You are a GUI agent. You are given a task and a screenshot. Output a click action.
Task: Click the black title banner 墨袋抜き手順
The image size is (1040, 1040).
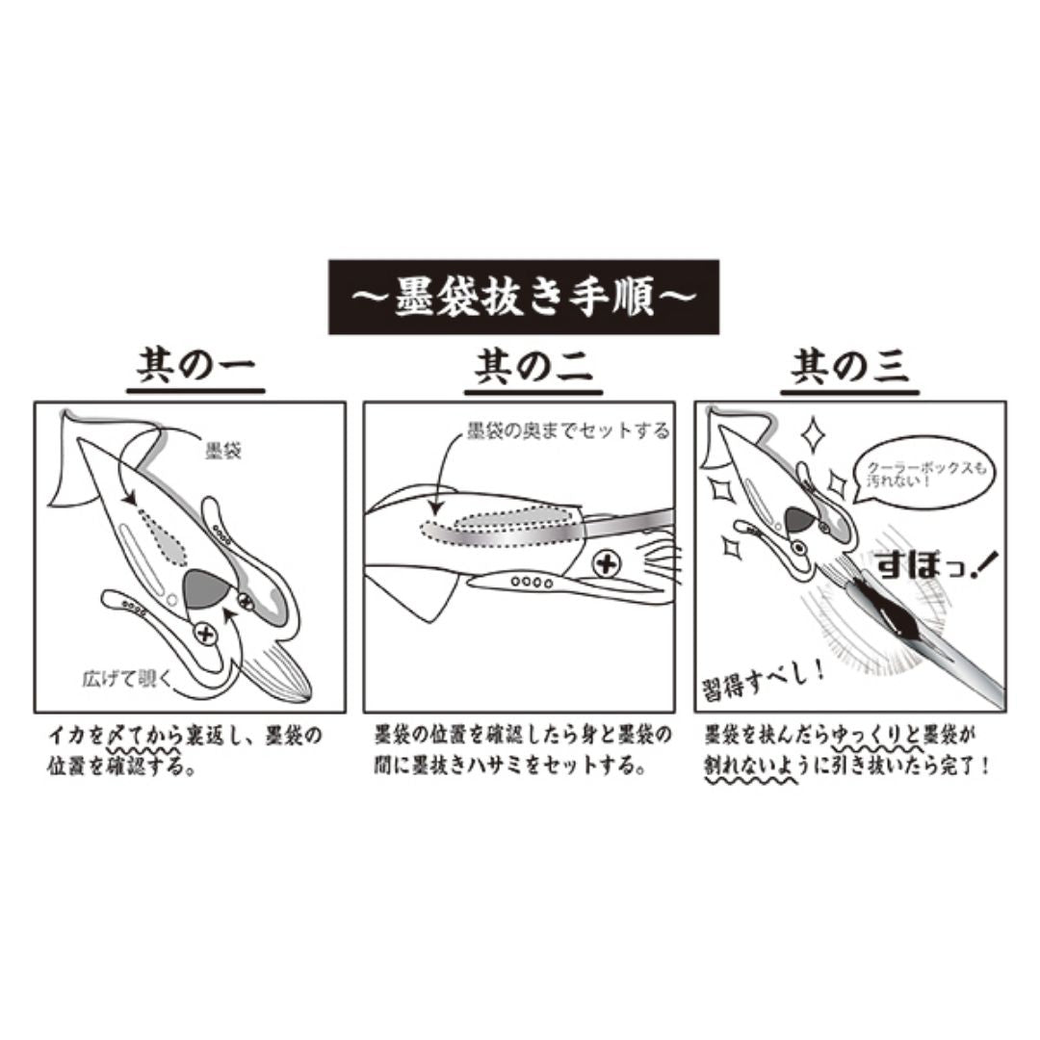(524, 297)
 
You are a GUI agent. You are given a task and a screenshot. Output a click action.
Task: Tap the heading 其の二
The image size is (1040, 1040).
(533, 368)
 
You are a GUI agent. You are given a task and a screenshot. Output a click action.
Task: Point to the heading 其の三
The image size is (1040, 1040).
(850, 368)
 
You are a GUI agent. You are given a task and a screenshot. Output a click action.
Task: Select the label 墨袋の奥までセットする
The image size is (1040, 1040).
(567, 430)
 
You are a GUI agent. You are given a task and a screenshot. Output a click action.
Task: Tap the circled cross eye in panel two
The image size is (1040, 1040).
(605, 562)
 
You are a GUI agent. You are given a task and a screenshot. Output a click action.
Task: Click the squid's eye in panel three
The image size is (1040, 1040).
(797, 549)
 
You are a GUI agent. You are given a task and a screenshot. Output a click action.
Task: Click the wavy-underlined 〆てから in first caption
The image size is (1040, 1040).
(135, 737)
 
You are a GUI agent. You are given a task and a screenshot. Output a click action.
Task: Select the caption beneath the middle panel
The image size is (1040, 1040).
(523, 750)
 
